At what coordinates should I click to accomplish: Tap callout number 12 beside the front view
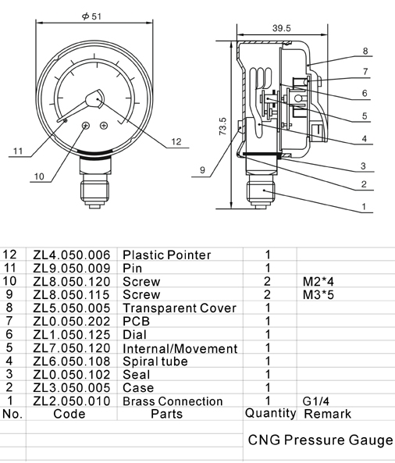pyautogui.click(x=176, y=141)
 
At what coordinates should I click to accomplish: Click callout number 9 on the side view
pyautogui.click(x=201, y=170)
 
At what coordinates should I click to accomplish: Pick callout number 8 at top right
pyautogui.click(x=365, y=52)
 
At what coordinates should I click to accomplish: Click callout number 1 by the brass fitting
pyautogui.click(x=364, y=208)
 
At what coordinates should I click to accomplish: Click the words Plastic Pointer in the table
pyautogui.click(x=167, y=255)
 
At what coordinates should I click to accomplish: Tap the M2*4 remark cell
pyautogui.click(x=318, y=281)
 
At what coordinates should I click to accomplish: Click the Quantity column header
pyautogui.click(x=270, y=414)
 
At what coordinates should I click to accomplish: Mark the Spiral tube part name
pyautogui.click(x=156, y=361)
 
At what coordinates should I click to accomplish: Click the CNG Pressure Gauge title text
pyautogui.click(x=320, y=440)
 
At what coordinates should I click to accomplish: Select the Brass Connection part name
pyautogui.click(x=173, y=401)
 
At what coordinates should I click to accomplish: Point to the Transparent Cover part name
pyautogui.click(x=180, y=308)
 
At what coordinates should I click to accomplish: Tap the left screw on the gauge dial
pyautogui.click(x=85, y=126)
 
